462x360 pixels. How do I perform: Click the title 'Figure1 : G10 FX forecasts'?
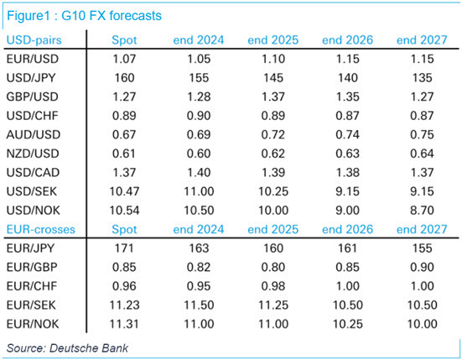80,15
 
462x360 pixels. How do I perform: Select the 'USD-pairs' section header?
35,40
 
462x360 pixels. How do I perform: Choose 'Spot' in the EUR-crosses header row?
123,228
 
